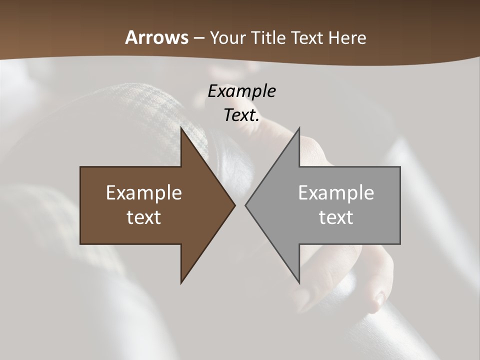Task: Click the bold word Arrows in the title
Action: coord(157,37)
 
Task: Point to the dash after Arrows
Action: coord(198,38)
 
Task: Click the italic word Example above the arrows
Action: coord(241,91)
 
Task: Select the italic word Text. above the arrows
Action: coord(241,115)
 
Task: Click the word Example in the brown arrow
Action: coord(144,192)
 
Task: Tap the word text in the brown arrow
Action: coord(144,217)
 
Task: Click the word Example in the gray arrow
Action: coord(336,192)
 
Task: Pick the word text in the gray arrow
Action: coord(336,217)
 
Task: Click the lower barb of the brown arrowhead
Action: coord(182,280)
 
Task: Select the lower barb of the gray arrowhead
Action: coord(298,280)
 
